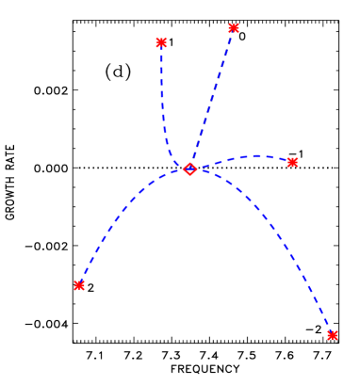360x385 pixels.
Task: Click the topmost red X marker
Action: click(234, 28)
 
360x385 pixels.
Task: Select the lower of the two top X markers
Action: click(161, 42)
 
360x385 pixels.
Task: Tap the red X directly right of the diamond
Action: click(292, 162)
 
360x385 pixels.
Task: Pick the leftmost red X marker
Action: click(79, 285)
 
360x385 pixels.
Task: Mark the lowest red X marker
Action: click(332, 335)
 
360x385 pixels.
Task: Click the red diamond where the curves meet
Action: click(189, 168)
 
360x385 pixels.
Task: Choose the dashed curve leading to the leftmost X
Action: click(123, 218)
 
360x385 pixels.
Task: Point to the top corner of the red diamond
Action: click(189, 162)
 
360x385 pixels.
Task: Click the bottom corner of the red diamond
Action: click(189, 176)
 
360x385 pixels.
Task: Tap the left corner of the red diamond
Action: click(183, 168)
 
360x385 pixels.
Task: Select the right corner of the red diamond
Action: click(196, 168)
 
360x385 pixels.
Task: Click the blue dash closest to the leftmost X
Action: click(84, 277)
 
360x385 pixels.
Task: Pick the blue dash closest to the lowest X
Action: click(327, 324)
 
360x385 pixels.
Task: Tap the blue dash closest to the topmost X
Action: click(231, 38)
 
